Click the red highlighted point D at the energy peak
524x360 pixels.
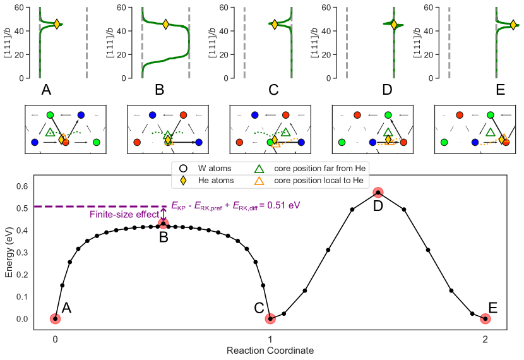(x=378, y=192)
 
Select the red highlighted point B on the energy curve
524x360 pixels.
(x=163, y=224)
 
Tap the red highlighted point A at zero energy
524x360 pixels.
(x=56, y=319)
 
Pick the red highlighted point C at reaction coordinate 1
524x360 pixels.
(x=270, y=319)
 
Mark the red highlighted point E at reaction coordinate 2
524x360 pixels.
(x=485, y=319)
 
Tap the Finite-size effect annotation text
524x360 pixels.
(x=124, y=215)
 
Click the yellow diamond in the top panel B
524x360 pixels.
(x=165, y=24)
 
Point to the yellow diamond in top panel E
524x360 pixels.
(x=513, y=25)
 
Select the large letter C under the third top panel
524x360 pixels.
(x=273, y=90)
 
